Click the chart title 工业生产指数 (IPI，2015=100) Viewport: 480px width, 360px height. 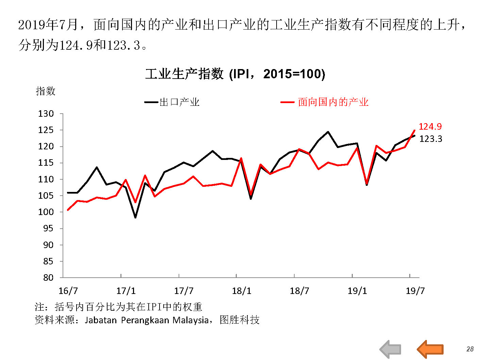[x=235, y=74]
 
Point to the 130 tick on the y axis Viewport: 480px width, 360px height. [x=46, y=114]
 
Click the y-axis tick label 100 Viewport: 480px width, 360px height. [x=46, y=212]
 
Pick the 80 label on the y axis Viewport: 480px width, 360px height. [x=48, y=278]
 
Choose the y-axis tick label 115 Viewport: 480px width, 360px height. [x=46, y=163]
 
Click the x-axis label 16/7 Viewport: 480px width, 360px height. [x=68, y=291]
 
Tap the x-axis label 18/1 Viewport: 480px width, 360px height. [x=242, y=291]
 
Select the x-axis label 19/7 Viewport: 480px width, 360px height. [x=415, y=291]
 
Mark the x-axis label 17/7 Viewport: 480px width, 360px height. [x=184, y=291]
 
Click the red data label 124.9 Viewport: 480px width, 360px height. [x=430, y=127]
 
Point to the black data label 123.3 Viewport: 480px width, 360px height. [x=431, y=139]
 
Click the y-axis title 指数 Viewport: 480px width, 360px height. [x=46, y=91]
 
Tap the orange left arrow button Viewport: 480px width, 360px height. [x=430, y=349]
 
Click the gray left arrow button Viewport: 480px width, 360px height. [x=391, y=349]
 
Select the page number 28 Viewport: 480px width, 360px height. [x=470, y=349]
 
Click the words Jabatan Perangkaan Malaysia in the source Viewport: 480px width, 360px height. [x=147, y=320]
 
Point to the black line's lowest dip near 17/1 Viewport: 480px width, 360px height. [x=135, y=217]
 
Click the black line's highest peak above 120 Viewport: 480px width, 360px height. [x=328, y=132]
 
